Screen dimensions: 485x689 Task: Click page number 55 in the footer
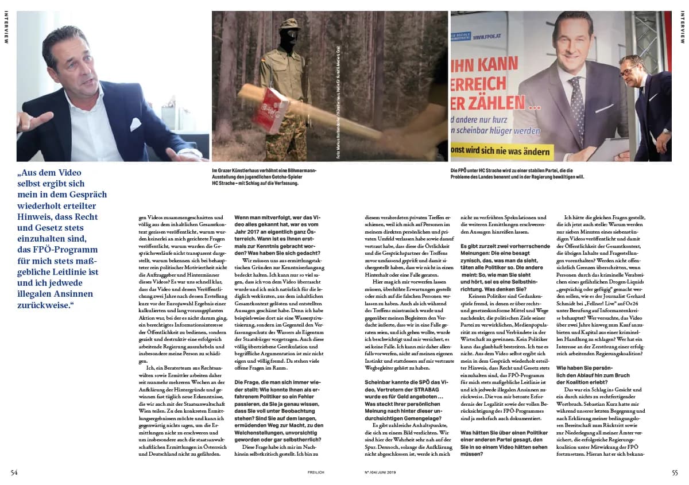click(675, 472)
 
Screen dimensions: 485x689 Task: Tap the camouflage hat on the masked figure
click(291, 25)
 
